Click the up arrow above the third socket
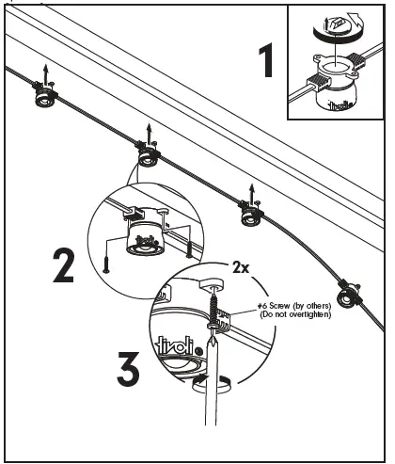251,192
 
